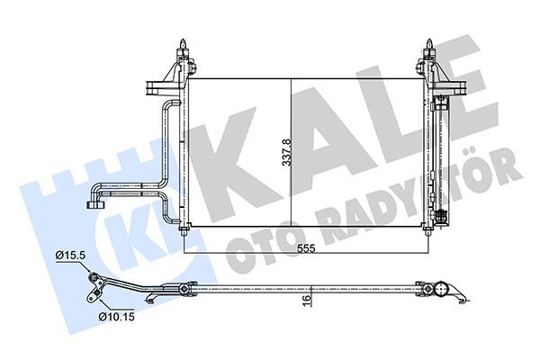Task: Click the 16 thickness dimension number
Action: click(307, 301)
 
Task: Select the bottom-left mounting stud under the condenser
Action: click(184, 233)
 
